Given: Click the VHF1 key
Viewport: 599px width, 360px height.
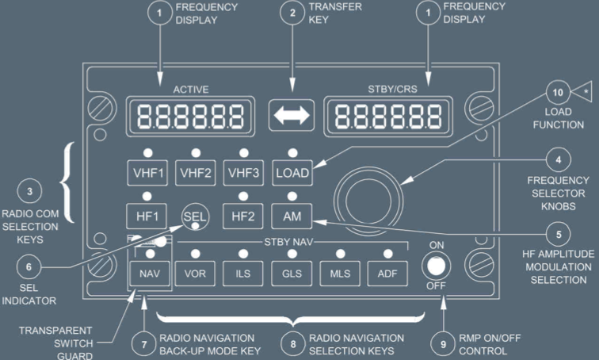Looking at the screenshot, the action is [x=147, y=172].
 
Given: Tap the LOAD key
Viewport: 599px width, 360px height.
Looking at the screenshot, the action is [x=292, y=172].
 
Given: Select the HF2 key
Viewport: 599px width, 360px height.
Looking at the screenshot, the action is [x=244, y=215].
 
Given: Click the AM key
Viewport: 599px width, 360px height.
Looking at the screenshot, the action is [x=292, y=215].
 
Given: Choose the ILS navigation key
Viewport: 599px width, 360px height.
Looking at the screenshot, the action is [x=244, y=273].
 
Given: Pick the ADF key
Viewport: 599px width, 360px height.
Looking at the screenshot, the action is [x=388, y=273].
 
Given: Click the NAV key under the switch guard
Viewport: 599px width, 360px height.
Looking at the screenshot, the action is [x=148, y=273].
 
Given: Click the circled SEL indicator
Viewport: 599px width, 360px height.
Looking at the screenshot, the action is [x=195, y=215].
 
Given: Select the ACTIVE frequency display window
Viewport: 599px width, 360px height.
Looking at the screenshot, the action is [x=188, y=116].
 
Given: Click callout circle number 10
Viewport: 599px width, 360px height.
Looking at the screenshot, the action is [x=558, y=93].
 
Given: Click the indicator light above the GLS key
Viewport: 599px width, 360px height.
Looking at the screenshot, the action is [x=292, y=254].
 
